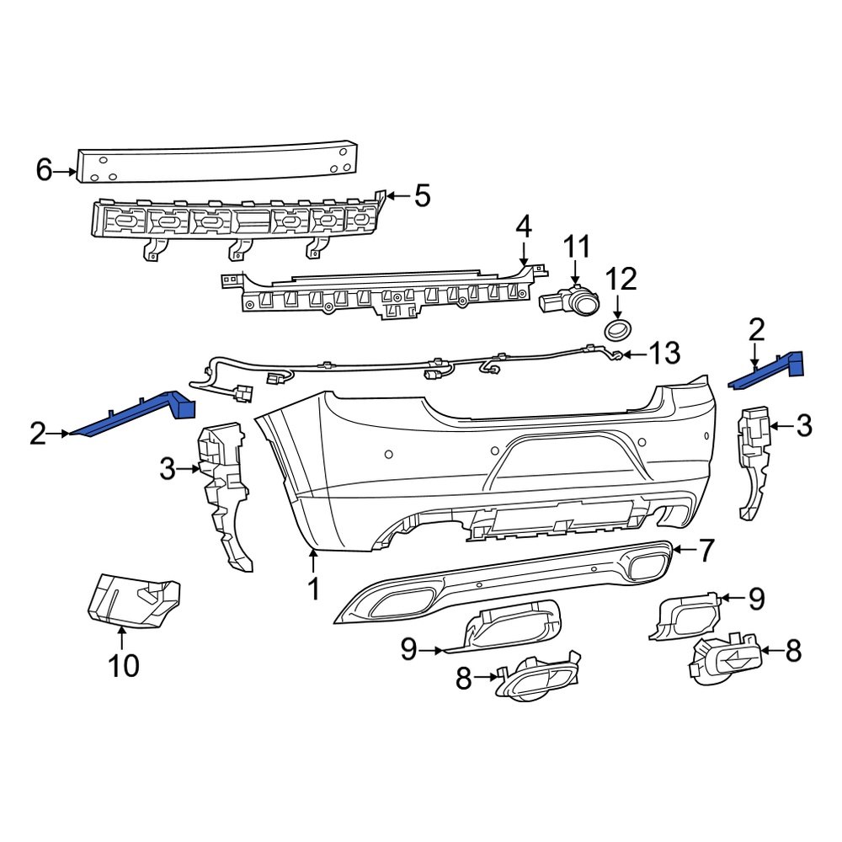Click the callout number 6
[44, 171]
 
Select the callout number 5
[421, 196]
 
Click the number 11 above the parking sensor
[577, 248]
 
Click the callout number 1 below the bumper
[313, 589]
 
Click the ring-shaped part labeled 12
[618, 329]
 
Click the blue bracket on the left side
[135, 414]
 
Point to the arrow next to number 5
[397, 196]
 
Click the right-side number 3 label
[803, 427]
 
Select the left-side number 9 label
[409, 649]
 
